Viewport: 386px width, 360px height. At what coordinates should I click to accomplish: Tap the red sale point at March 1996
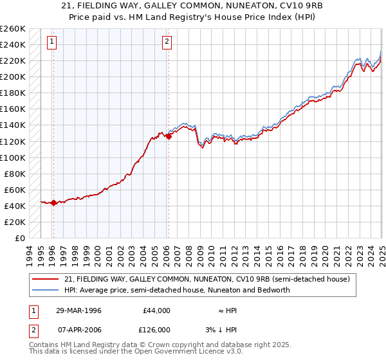click(53, 203)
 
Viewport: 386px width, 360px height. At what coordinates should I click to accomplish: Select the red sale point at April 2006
click(169, 136)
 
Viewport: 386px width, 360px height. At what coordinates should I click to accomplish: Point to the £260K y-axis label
click(13, 29)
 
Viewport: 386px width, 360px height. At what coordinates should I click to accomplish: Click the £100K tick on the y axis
click(13, 157)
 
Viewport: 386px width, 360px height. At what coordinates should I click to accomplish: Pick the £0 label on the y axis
click(19, 238)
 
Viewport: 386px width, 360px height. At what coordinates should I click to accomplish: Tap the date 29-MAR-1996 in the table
click(77, 310)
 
